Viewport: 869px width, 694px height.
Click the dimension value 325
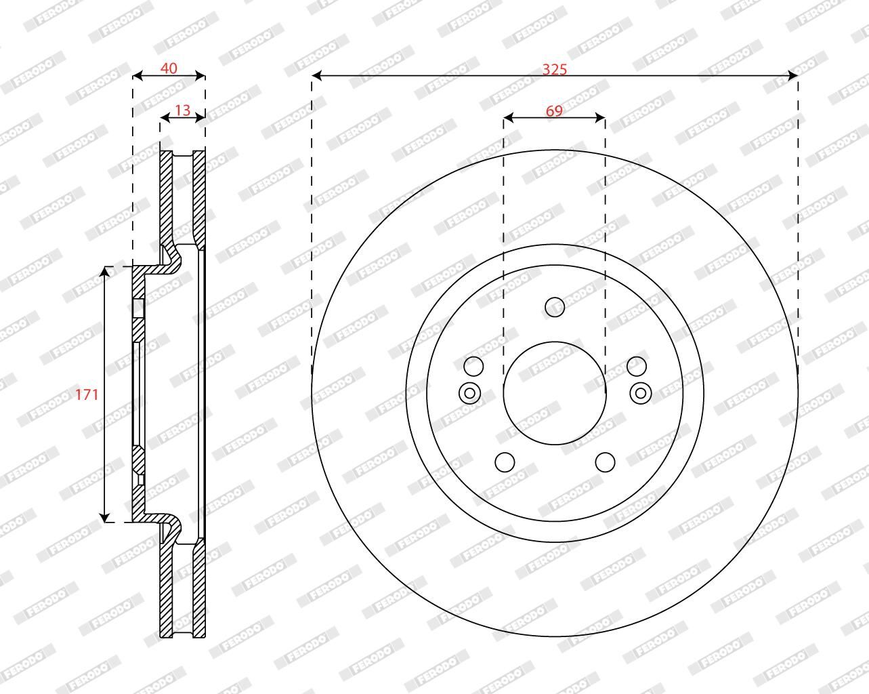pyautogui.click(x=555, y=70)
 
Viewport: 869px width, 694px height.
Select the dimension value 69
pyautogui.click(x=554, y=110)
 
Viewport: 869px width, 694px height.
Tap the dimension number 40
pyautogui.click(x=169, y=68)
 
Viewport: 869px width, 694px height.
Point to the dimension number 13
pyautogui.click(x=182, y=110)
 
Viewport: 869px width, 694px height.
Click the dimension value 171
pyautogui.click(x=87, y=394)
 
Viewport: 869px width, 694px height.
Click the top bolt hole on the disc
pyautogui.click(x=555, y=307)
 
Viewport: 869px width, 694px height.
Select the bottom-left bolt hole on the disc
pyautogui.click(x=505, y=462)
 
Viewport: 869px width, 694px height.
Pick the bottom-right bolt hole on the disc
pyautogui.click(x=606, y=462)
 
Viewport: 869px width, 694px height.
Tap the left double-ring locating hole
pyautogui.click(x=469, y=393)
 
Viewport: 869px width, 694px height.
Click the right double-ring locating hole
pyautogui.click(x=641, y=393)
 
